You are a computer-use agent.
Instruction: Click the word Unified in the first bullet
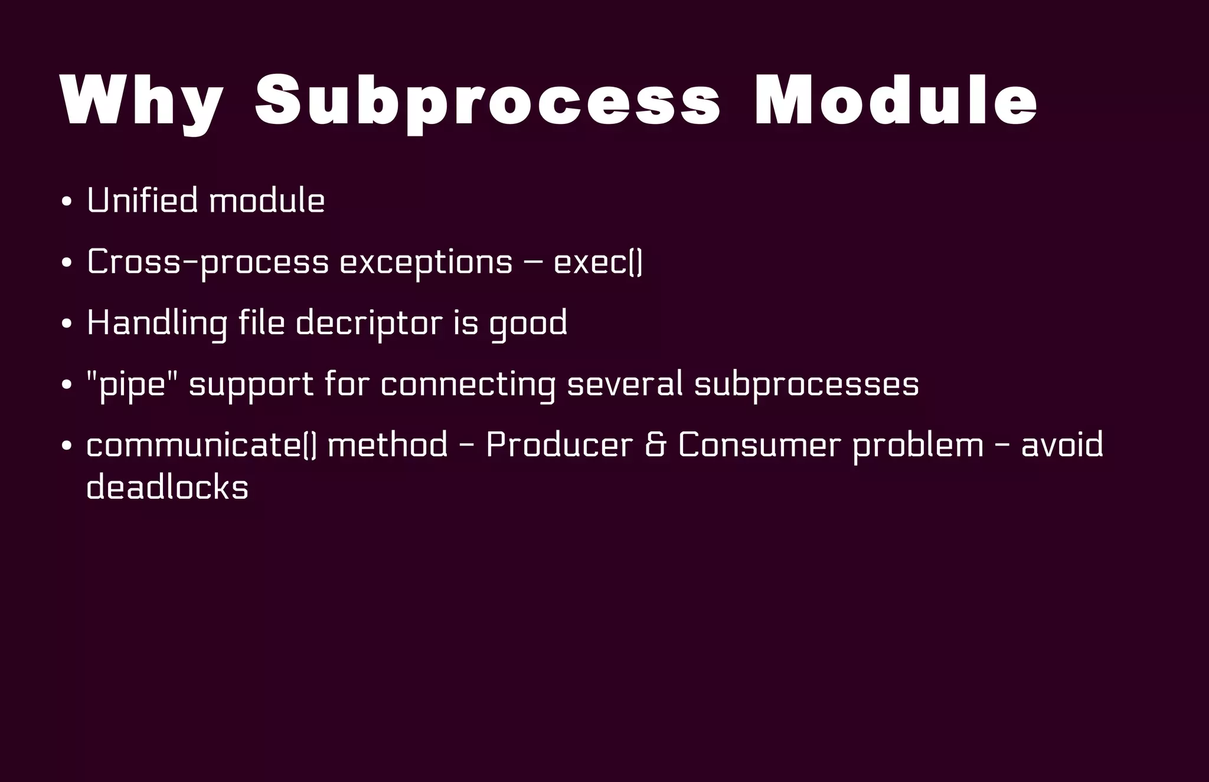(142, 201)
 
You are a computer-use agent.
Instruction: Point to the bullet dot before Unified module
(67, 202)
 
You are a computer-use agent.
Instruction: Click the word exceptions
(426, 262)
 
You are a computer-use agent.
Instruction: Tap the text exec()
(597, 262)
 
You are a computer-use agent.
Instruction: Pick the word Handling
(156, 323)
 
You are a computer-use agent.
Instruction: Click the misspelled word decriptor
(368, 323)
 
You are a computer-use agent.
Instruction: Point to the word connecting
(468, 385)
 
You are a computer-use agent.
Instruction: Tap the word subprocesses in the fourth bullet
(806, 385)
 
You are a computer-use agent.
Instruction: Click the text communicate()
(201, 445)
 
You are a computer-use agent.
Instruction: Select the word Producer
(559, 445)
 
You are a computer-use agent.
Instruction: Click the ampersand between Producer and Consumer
(655, 445)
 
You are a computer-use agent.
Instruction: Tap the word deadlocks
(167, 487)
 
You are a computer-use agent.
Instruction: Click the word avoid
(1061, 445)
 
